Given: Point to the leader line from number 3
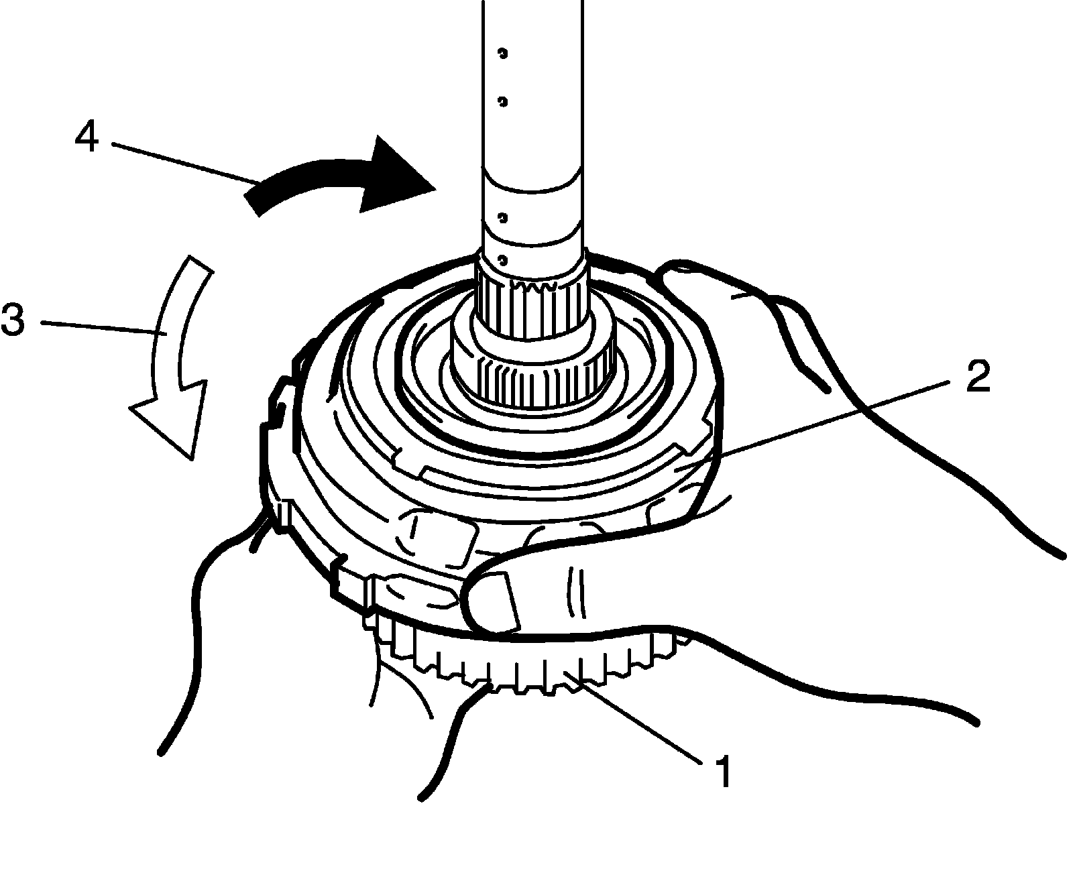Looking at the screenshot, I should click(x=101, y=328).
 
